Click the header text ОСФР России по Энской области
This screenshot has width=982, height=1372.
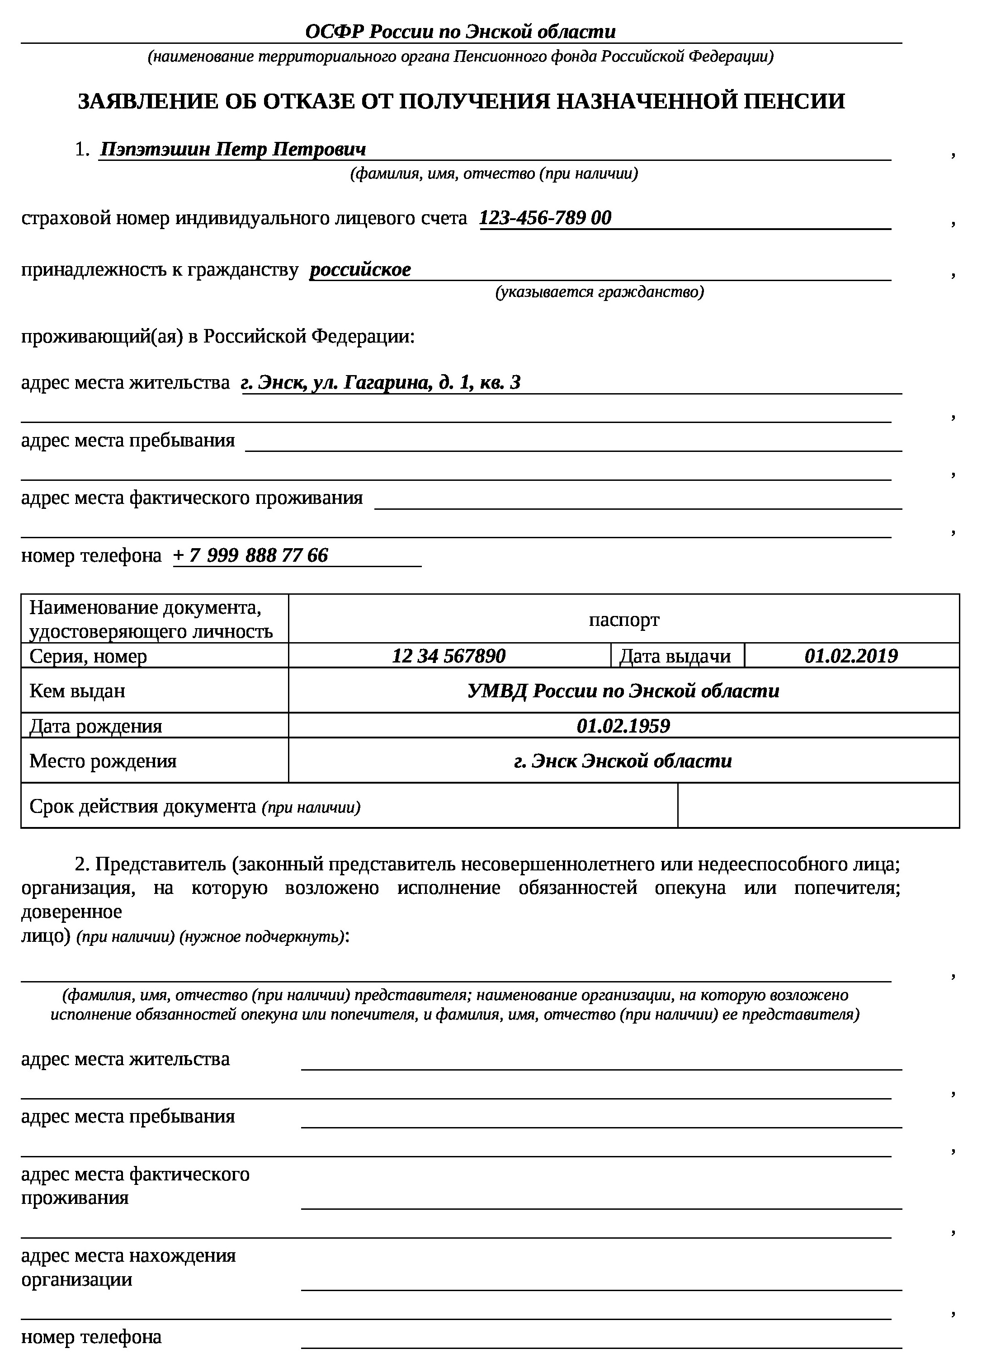[x=460, y=32]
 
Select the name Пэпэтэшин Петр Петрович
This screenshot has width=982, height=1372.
[x=233, y=149]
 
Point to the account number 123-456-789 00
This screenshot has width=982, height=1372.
[x=545, y=217]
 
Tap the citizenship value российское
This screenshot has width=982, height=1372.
[x=360, y=270]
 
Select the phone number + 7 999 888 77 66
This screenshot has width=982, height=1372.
[x=250, y=555]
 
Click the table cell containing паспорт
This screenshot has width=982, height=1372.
[x=623, y=620]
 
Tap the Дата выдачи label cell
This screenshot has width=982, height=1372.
[x=675, y=656]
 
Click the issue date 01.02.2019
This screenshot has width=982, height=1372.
[x=851, y=656]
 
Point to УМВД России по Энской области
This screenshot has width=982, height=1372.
[x=623, y=691]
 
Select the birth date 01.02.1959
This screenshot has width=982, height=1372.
[x=623, y=726]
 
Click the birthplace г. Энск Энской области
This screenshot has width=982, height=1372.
[x=623, y=761]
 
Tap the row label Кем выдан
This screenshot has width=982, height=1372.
[x=77, y=691]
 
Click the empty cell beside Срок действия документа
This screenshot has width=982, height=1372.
[x=818, y=806]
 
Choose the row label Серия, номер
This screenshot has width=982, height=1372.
[x=88, y=656]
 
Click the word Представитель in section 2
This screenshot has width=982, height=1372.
[x=160, y=865]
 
